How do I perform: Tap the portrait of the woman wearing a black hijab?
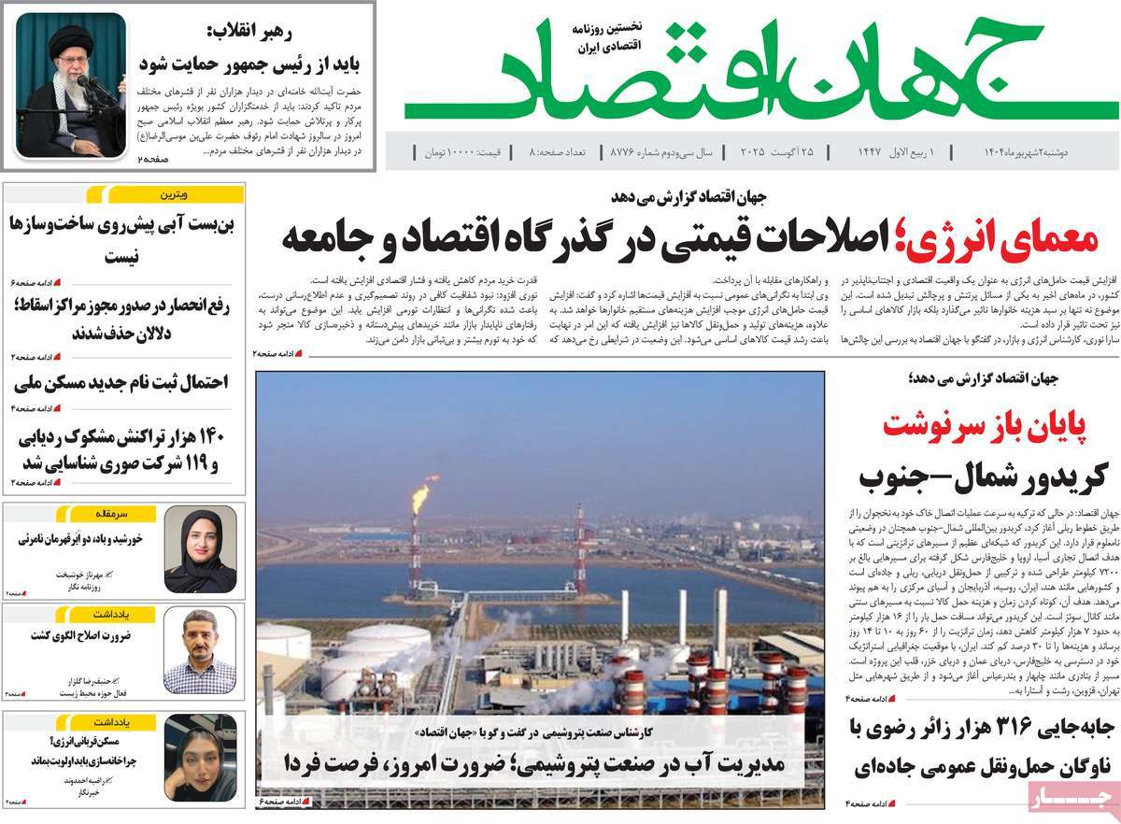(x=200, y=550)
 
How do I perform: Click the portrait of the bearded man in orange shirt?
(x=200, y=649)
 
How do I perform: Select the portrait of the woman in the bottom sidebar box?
(x=200, y=758)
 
